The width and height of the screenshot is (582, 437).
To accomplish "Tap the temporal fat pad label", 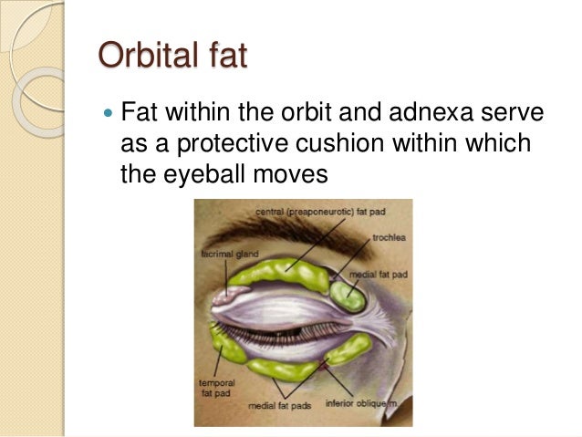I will tap(213, 387).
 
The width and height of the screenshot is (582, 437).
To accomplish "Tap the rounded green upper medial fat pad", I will tap(348, 295).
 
